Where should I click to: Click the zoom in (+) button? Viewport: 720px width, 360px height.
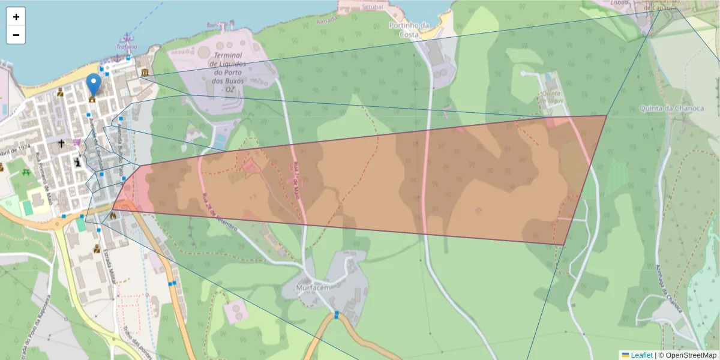click(16, 17)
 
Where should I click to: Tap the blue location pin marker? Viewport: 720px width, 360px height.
click(93, 83)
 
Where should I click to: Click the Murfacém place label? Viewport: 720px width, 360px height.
click(314, 287)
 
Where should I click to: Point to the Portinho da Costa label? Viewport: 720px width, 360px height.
click(409, 29)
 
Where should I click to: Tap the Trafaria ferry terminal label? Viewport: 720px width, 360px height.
click(127, 46)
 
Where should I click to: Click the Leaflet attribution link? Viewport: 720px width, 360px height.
click(641, 355)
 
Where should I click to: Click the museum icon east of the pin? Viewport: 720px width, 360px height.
click(145, 73)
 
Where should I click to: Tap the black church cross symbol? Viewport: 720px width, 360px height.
click(61, 144)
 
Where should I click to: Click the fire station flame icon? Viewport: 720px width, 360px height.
click(113, 215)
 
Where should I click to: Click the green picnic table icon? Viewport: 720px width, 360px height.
click(26, 172)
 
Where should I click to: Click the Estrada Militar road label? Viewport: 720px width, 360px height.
click(110, 260)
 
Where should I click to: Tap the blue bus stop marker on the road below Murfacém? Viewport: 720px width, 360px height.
click(337, 314)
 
